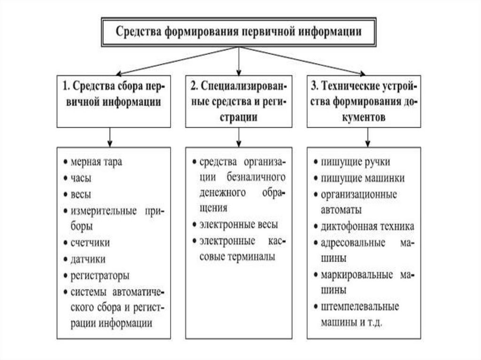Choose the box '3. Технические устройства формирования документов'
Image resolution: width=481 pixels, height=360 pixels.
[x=365, y=101]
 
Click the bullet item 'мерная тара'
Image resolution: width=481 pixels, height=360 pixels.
[x=96, y=162]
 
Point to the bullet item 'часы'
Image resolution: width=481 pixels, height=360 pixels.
[x=81, y=178]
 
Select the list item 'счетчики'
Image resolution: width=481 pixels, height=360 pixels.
[x=90, y=243]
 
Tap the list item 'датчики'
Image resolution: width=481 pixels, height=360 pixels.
[x=88, y=259]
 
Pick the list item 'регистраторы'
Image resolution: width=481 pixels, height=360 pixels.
[x=100, y=275]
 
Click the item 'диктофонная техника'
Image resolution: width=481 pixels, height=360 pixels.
[x=367, y=227]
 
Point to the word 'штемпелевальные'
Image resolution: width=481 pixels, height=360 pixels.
[x=359, y=307]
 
